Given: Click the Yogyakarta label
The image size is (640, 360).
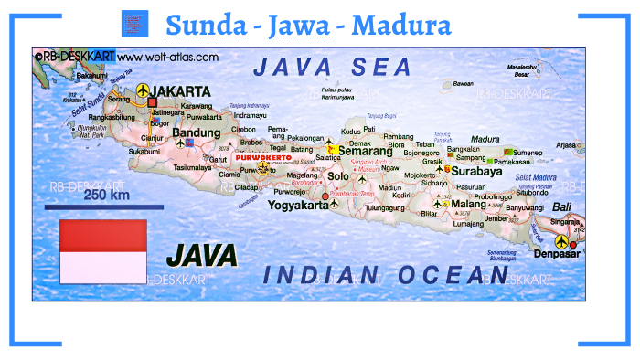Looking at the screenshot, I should [297, 206].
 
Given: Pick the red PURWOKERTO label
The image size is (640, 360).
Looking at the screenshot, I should [262, 158].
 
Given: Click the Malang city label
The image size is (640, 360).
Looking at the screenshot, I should [468, 205].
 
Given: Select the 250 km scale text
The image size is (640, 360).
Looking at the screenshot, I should [106, 195].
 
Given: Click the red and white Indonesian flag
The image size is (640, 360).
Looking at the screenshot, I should [102, 250].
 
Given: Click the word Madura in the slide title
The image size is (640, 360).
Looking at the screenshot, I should [401, 25].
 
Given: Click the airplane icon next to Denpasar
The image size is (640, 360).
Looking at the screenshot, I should [574, 243].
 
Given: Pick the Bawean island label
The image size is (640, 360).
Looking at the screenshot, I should [464, 83].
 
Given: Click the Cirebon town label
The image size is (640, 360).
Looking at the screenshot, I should [244, 130].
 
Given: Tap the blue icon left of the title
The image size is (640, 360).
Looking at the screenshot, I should [134, 23].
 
